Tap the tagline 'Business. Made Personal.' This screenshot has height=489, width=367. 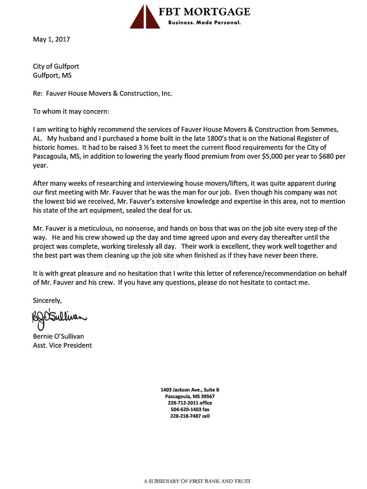(204, 23)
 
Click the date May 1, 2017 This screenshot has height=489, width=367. (51, 39)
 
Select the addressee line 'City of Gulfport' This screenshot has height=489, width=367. (56, 66)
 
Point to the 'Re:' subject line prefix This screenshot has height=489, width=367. (38, 93)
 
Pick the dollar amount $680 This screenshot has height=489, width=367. (316, 156)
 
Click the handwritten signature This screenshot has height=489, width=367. (59, 317)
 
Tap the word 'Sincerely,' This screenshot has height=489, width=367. (47, 300)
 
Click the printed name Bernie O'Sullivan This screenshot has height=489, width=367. (61, 336)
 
